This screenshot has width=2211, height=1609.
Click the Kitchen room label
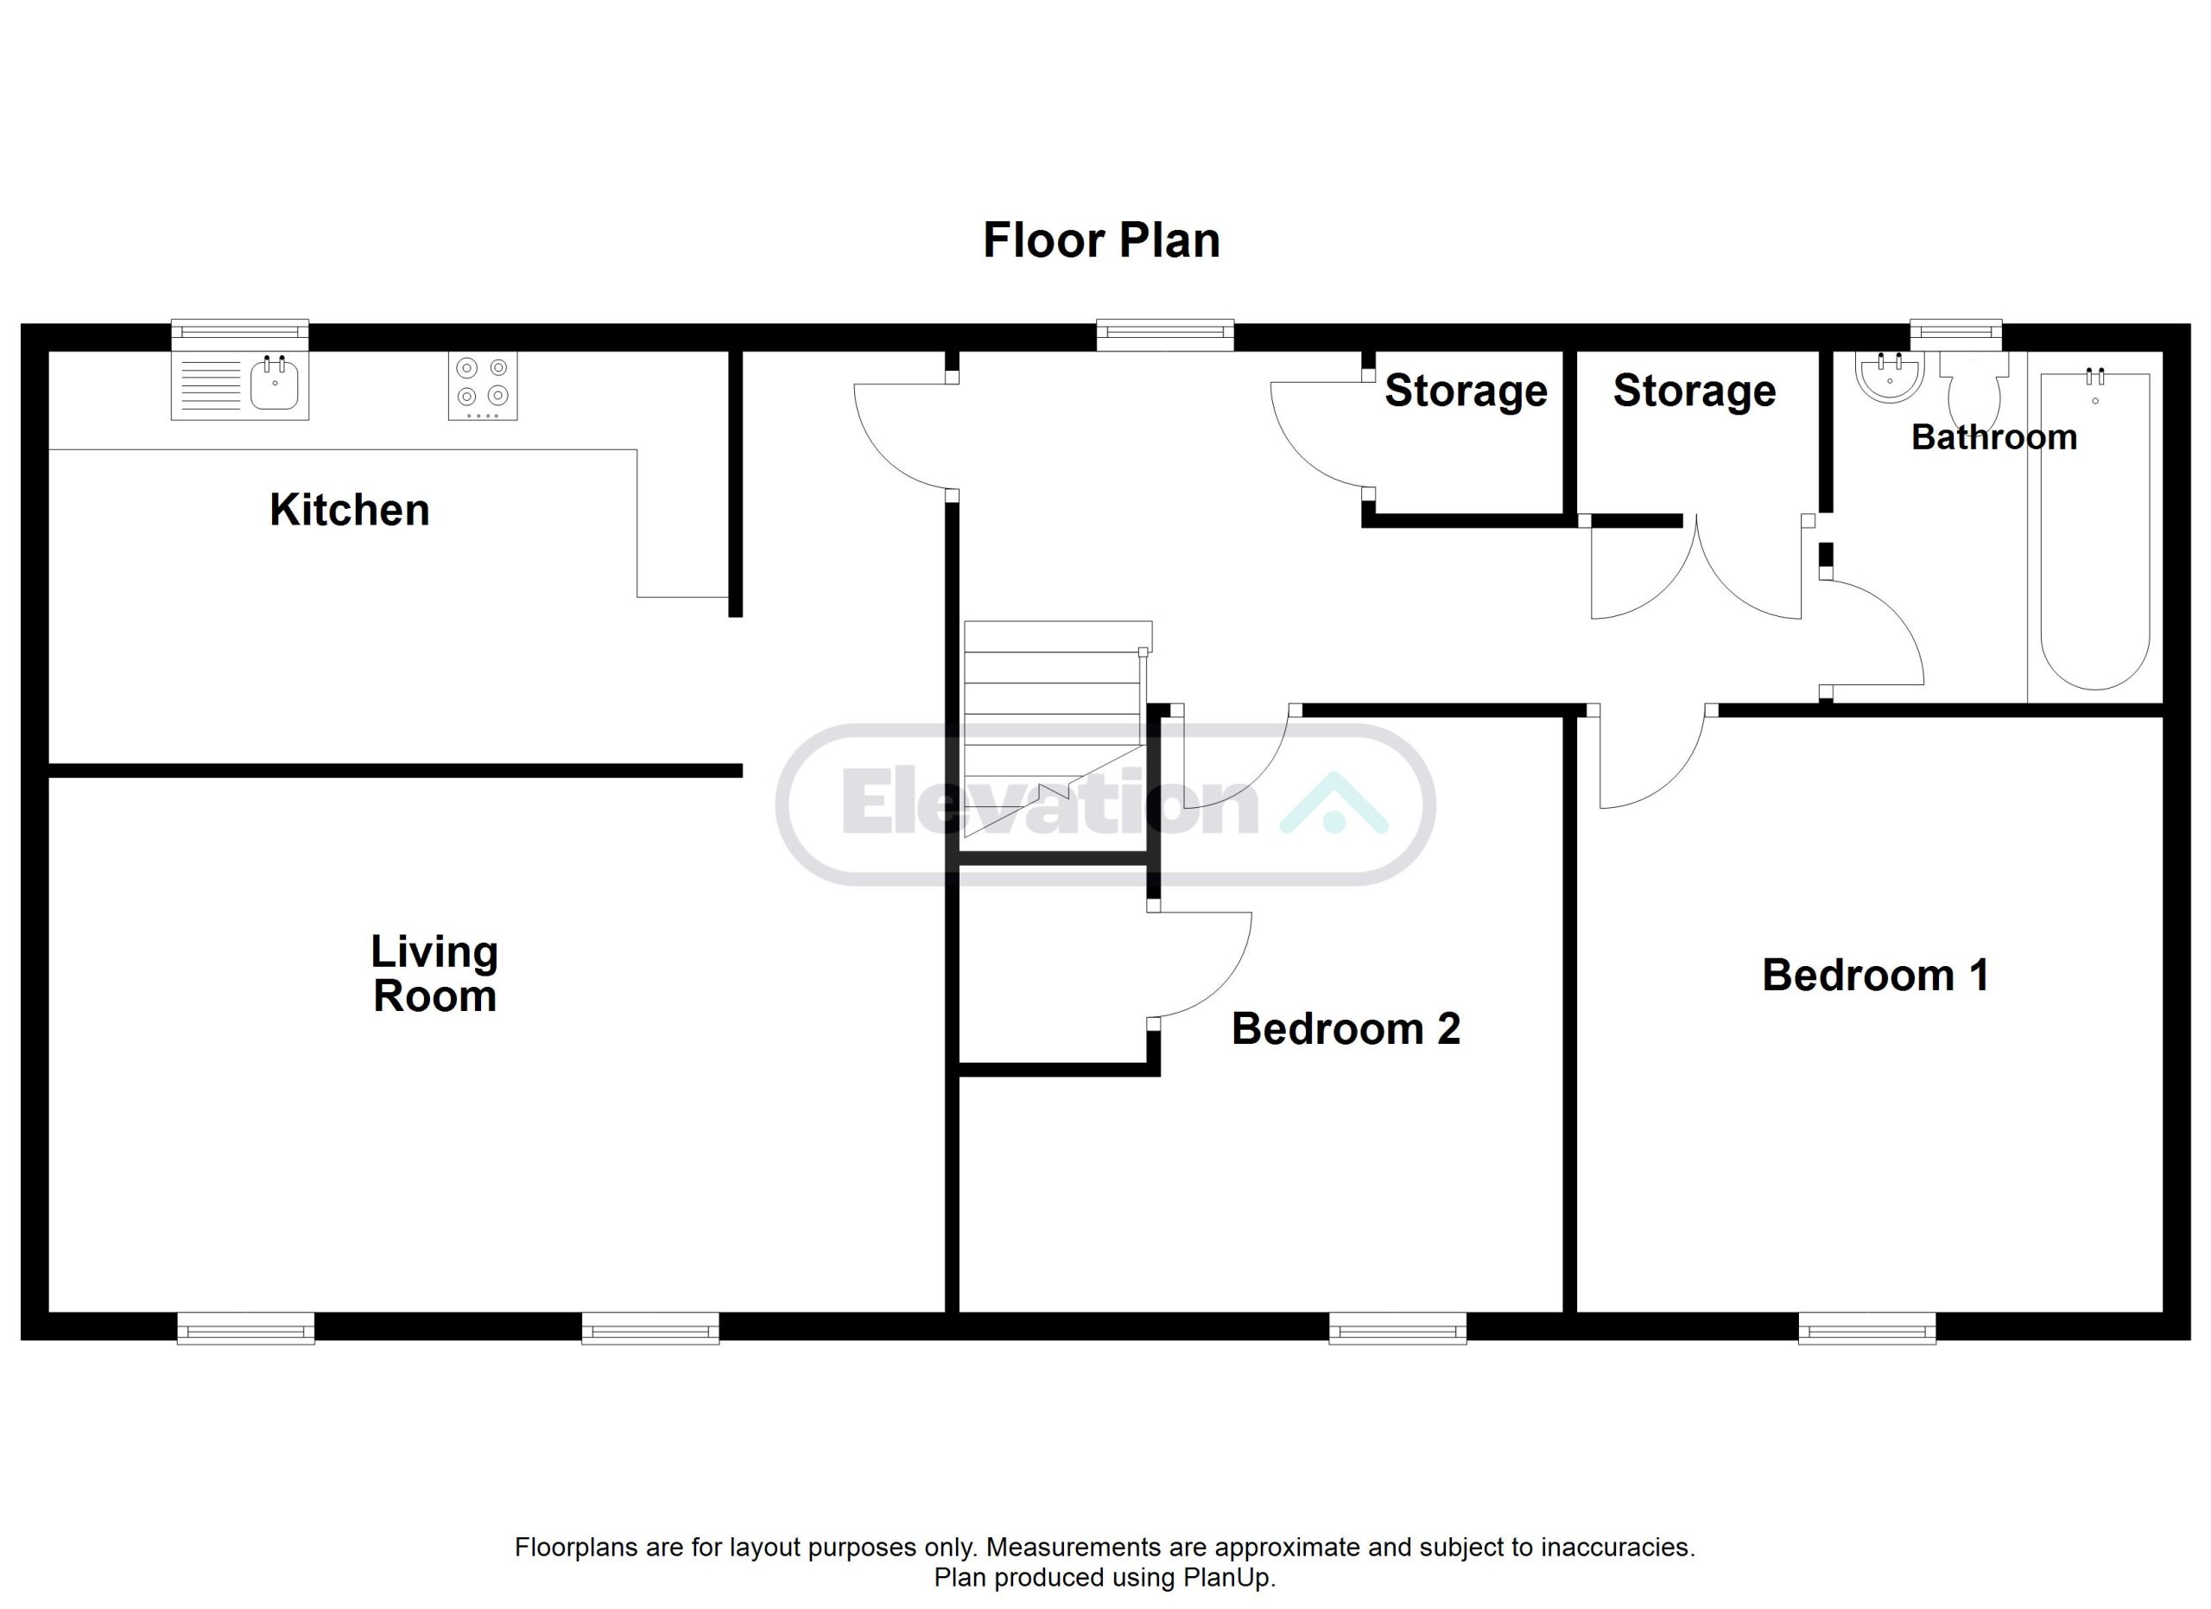349,510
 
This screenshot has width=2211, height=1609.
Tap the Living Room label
434,973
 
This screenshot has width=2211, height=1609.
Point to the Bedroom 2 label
1346,1029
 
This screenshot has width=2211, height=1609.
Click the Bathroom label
1993,437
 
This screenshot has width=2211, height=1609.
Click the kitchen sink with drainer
240,385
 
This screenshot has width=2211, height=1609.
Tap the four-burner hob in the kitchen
483,386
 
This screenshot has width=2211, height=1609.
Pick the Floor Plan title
1101,241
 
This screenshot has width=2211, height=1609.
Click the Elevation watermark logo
1105,804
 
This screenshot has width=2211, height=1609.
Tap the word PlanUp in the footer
1227,1578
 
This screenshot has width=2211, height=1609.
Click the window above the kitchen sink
240,334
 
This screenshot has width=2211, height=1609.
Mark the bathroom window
1955,334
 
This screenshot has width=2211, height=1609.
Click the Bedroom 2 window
1398,1328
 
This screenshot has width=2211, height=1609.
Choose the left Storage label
1467,391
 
